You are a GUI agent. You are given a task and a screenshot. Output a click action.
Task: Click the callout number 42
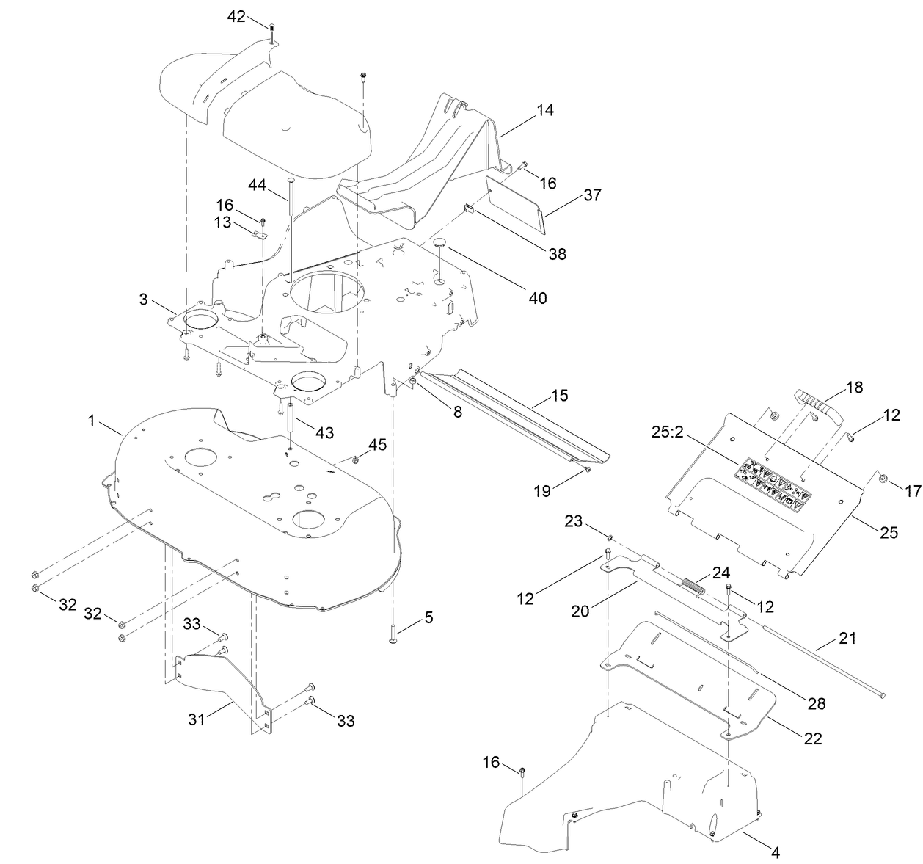click(x=236, y=17)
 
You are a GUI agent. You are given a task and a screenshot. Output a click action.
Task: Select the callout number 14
click(x=545, y=110)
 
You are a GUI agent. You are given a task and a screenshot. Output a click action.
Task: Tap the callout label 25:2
click(x=668, y=432)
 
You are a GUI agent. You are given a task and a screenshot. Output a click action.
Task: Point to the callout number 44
click(x=257, y=185)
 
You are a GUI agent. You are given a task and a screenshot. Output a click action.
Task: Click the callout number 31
click(x=197, y=719)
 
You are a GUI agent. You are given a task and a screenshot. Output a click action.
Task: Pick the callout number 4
click(x=776, y=852)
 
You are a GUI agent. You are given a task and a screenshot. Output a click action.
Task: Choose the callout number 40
click(x=538, y=298)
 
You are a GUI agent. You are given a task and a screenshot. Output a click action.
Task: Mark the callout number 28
click(x=817, y=703)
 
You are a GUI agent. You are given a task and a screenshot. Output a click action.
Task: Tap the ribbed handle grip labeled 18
click(x=817, y=408)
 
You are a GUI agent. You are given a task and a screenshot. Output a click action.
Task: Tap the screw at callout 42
click(x=271, y=34)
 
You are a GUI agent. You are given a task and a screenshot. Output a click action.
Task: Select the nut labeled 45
click(x=355, y=460)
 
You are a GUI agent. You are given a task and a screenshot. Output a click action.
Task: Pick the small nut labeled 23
click(x=609, y=538)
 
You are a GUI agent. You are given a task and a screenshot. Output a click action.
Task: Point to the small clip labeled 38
click(x=468, y=208)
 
